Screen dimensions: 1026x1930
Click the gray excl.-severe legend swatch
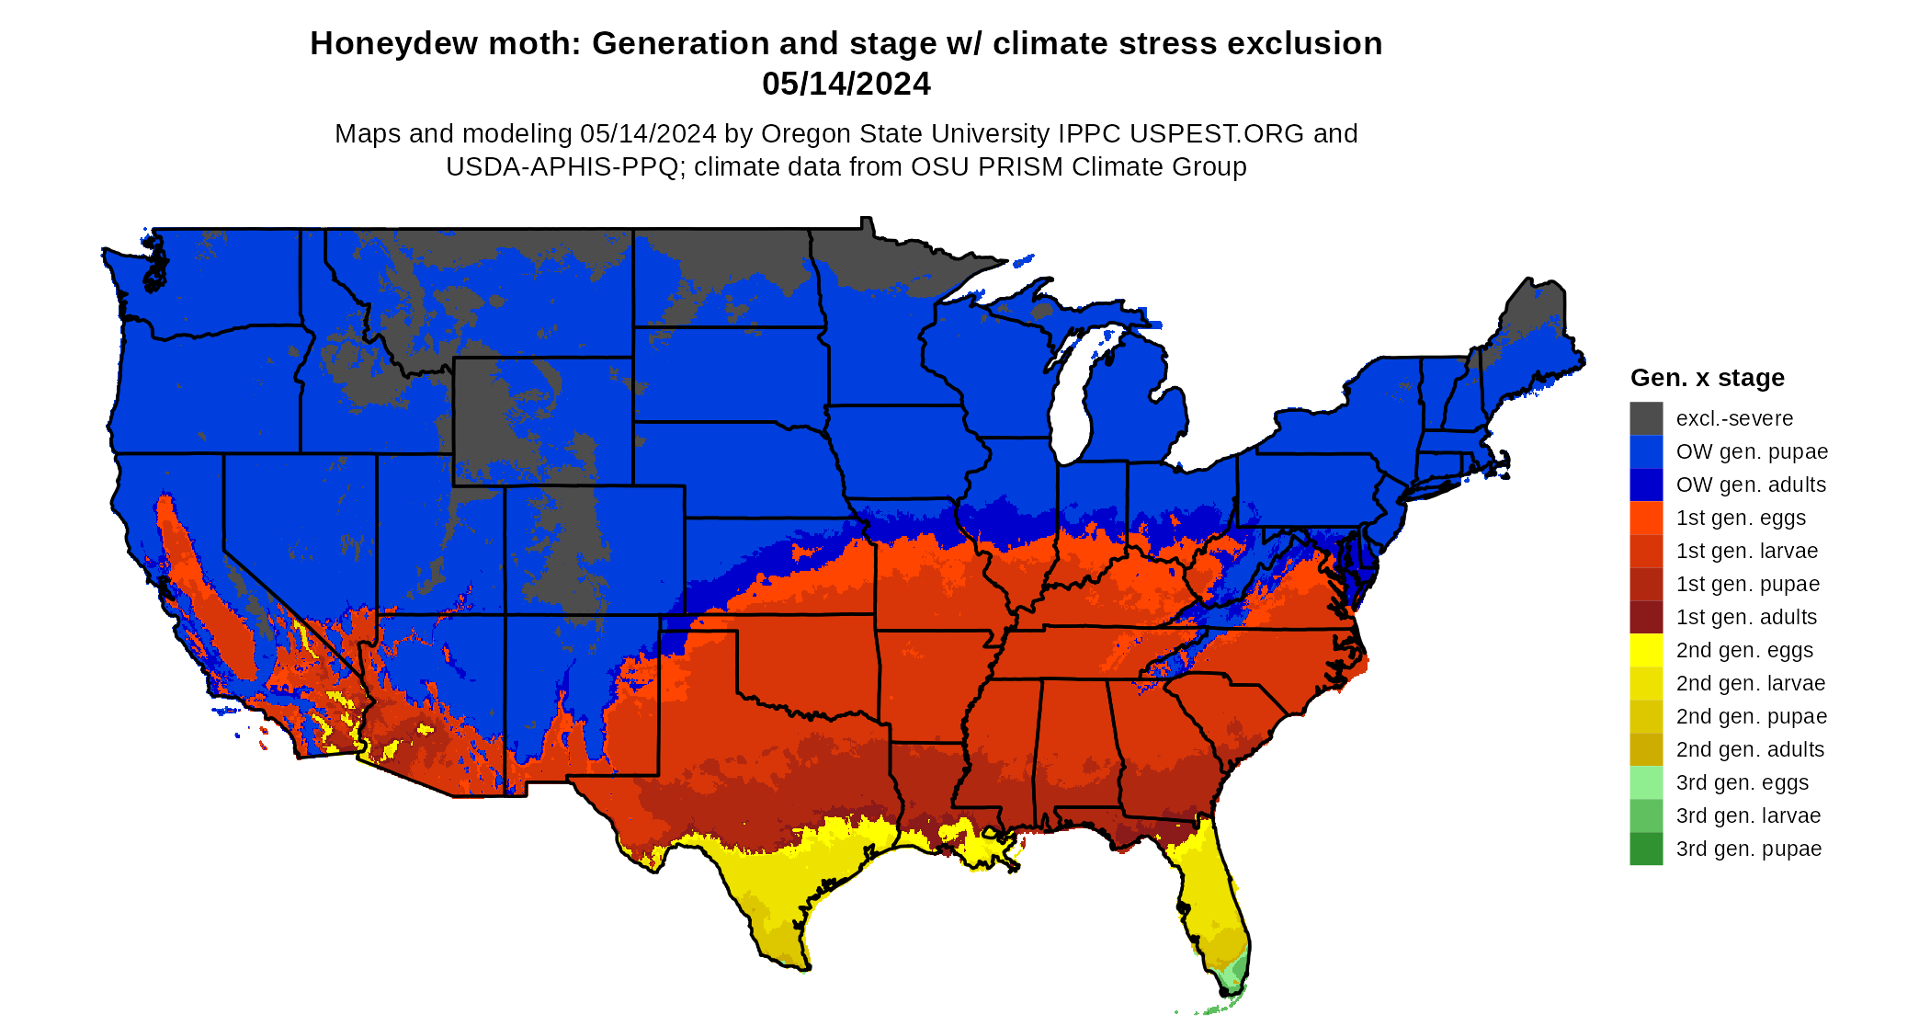tap(1646, 418)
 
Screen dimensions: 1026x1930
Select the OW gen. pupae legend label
tap(1752, 451)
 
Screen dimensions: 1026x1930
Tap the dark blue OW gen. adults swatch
tap(1646, 484)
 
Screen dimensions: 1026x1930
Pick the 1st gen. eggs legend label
tap(1741, 518)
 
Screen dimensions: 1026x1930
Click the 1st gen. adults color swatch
tap(1646, 617)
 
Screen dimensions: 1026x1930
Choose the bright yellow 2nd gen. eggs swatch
tap(1646, 650)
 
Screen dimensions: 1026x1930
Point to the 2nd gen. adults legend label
tap(1750, 749)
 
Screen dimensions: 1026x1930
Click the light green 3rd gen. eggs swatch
tap(1646, 782)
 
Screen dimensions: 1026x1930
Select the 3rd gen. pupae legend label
tap(1748, 849)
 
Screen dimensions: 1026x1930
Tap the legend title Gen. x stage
tap(1707, 378)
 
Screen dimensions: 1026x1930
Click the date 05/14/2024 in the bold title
tap(846, 84)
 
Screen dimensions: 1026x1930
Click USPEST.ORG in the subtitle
tap(1217, 133)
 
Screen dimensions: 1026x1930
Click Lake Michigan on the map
tap(1071, 405)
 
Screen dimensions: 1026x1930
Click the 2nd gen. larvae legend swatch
tap(1646, 683)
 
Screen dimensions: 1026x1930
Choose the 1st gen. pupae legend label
tap(1747, 584)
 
